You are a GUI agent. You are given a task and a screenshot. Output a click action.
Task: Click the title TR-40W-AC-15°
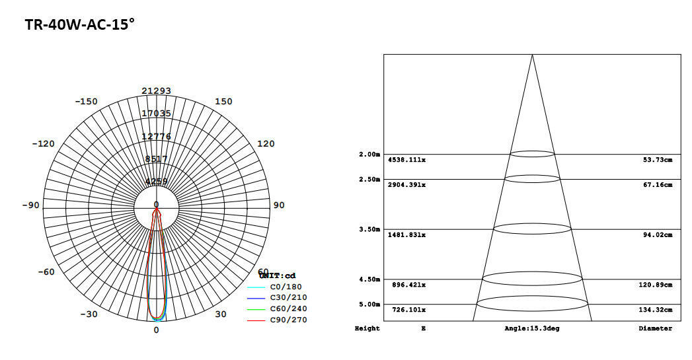(79, 25)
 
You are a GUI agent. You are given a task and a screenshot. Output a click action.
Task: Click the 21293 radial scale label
(156, 90)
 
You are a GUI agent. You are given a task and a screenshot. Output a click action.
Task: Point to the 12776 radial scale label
(156, 136)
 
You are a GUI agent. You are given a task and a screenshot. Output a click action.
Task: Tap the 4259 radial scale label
(156, 182)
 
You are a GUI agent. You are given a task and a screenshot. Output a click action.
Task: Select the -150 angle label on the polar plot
(86, 101)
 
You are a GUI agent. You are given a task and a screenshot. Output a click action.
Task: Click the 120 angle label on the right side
(266, 143)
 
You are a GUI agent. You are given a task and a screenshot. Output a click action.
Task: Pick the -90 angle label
(30, 205)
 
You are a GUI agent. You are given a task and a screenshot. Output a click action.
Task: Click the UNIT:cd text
(277, 275)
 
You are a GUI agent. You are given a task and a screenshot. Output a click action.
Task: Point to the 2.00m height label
(369, 155)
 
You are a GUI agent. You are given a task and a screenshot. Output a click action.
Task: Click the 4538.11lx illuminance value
(406, 160)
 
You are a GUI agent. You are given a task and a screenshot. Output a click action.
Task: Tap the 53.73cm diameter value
(658, 160)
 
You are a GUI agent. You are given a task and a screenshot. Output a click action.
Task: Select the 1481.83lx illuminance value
(406, 235)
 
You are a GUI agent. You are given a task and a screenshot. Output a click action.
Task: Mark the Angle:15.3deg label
(531, 328)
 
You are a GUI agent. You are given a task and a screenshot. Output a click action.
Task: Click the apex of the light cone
(532, 55)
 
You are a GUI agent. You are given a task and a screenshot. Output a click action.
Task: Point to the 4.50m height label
(369, 279)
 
